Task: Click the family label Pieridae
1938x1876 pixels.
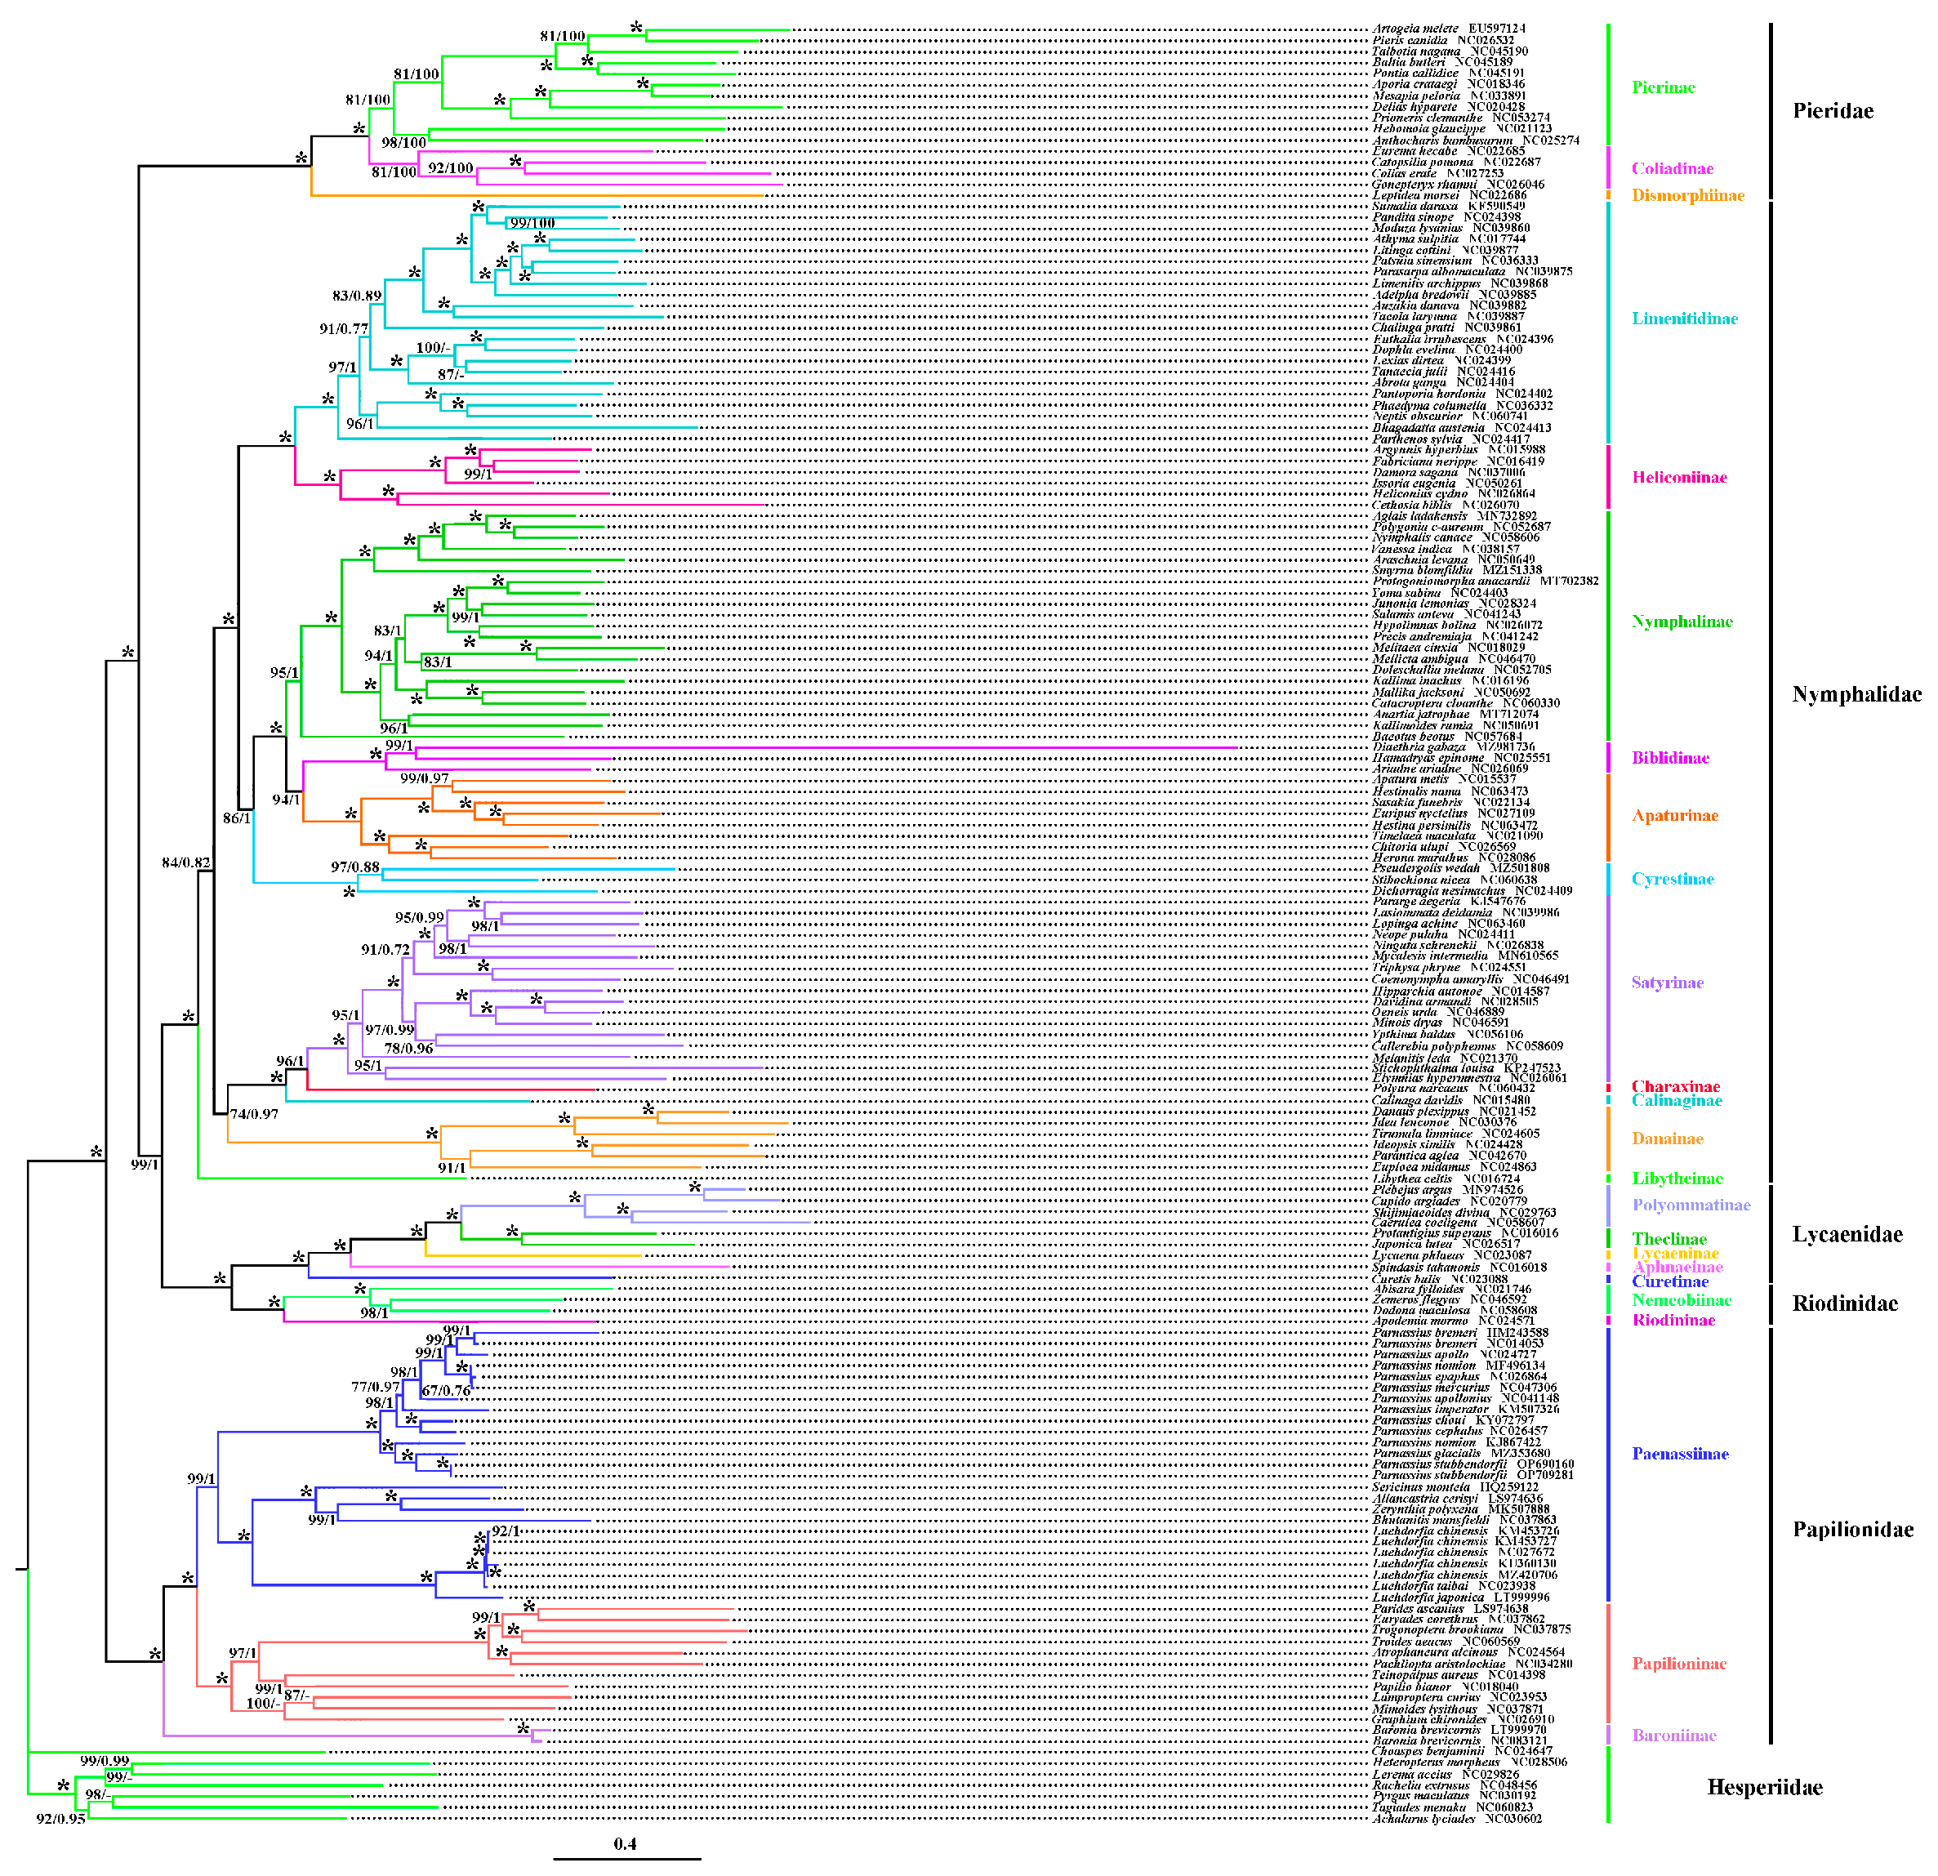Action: [1832, 111]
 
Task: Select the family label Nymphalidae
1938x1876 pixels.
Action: [1856, 694]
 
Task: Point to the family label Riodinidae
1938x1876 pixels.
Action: [1845, 1303]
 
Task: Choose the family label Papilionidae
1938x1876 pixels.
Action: [1853, 1530]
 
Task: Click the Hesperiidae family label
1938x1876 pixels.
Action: [1764, 1787]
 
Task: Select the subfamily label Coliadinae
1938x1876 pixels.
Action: [1672, 168]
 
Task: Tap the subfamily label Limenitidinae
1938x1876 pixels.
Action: [1684, 319]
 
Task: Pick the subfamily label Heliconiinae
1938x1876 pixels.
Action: [1679, 478]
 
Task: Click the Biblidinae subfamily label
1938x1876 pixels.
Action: [1670, 759]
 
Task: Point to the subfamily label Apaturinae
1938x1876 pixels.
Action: [1675, 816]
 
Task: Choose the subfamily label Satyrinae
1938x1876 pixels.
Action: [1667, 983]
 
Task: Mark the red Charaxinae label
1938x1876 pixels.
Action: [1675, 1087]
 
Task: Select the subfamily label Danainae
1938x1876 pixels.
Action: [1667, 1139]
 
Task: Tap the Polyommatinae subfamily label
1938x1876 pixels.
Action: [1691, 1205]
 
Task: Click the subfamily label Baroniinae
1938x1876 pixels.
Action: [1673, 1736]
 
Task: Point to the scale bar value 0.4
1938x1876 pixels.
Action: [625, 1844]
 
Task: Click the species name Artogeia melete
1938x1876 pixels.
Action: [1414, 29]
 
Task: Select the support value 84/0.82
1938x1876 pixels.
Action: [186, 862]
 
